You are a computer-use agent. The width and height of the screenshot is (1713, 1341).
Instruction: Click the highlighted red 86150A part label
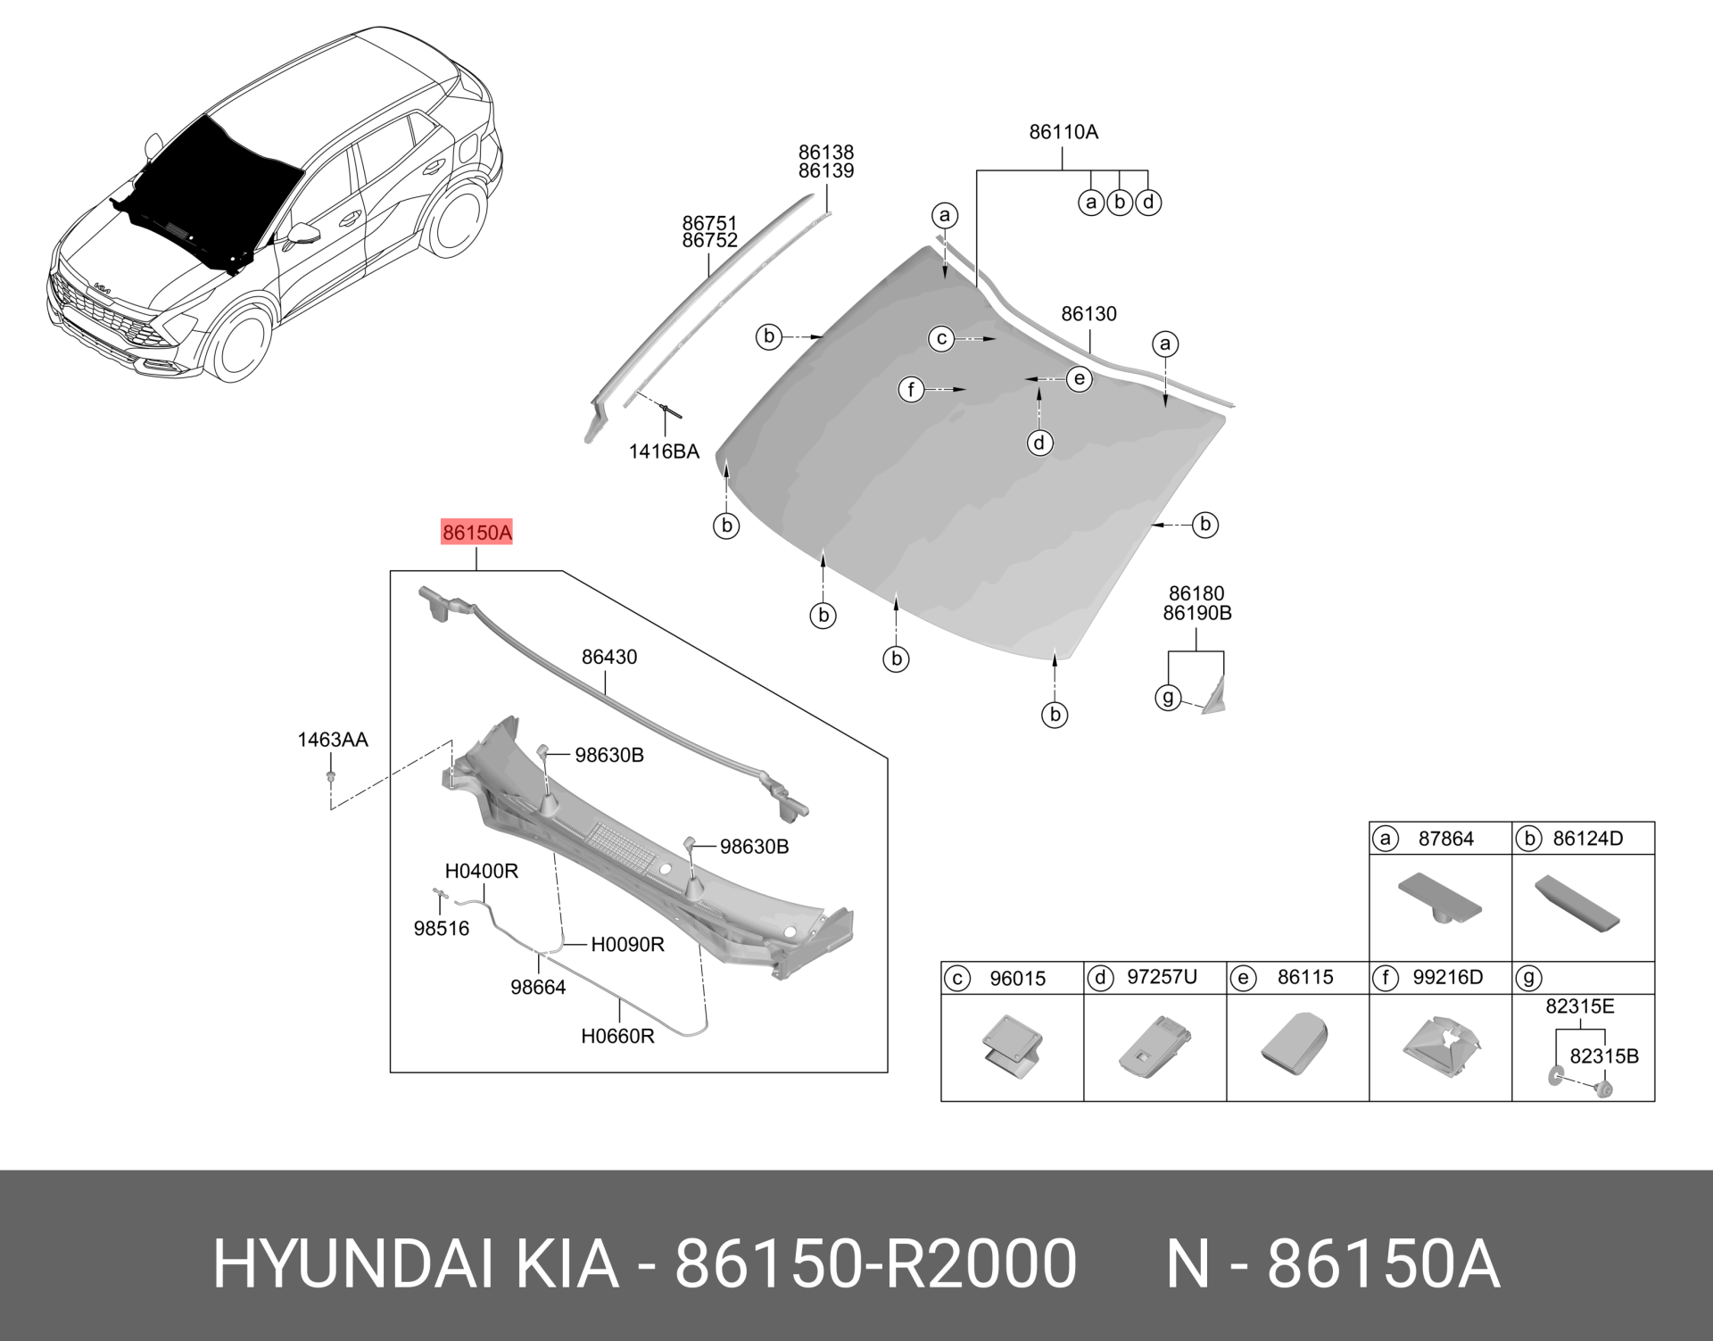[x=477, y=534]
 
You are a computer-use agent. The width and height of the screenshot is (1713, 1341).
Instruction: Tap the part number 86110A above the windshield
[x=1063, y=132]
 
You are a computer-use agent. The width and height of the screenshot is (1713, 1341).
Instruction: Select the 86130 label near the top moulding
[x=1088, y=314]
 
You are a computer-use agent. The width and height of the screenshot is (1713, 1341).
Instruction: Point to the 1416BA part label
[x=664, y=451]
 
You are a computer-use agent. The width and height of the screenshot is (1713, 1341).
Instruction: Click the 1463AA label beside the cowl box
[x=332, y=740]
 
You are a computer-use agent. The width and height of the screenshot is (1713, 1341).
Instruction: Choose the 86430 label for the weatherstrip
[x=609, y=658]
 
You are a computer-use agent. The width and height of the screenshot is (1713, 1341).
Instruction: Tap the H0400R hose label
[x=482, y=871]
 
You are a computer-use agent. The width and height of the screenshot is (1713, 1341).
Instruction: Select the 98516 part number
[x=441, y=929]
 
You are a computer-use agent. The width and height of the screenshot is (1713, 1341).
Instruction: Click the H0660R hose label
[x=617, y=1037]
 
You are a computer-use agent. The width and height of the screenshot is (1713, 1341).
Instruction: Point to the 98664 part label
[x=538, y=988]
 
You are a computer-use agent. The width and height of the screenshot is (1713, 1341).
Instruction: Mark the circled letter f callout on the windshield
[x=911, y=390]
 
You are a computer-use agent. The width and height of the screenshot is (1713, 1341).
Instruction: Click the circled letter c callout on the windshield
[x=941, y=339]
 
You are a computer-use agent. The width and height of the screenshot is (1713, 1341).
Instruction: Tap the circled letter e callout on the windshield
[x=1080, y=379]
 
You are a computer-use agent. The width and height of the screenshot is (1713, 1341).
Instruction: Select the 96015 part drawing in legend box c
[x=1013, y=1042]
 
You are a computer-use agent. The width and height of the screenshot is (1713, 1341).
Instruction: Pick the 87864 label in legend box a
[x=1445, y=839]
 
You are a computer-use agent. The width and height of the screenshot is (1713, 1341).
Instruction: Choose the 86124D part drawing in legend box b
[x=1576, y=905]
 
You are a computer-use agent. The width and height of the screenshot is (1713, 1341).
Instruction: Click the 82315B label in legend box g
[x=1603, y=1056]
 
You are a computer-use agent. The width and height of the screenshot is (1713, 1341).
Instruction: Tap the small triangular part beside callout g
[x=1214, y=697]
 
